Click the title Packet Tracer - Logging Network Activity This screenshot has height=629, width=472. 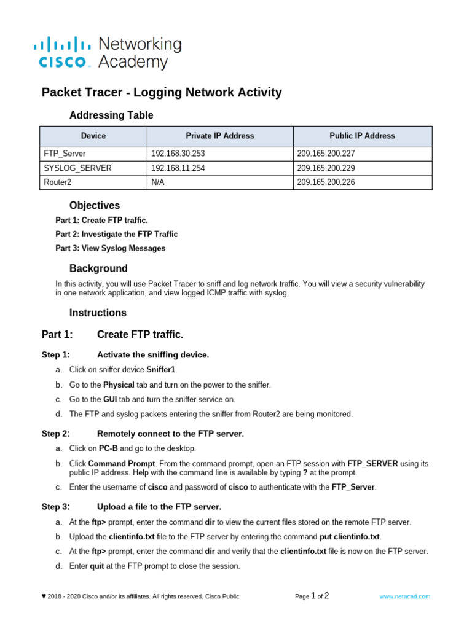click(162, 93)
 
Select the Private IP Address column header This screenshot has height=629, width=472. click(219, 136)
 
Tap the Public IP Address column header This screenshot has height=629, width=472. click(362, 136)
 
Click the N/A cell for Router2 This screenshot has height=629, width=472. click(159, 182)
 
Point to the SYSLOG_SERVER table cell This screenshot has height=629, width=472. click(77, 168)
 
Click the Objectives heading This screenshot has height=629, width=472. click(94, 206)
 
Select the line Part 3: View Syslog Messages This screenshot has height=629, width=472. click(110, 248)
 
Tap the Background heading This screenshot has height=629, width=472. click(98, 268)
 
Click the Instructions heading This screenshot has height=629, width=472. click(98, 313)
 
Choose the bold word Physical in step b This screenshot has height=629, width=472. click(118, 385)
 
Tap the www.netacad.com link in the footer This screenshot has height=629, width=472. click(404, 596)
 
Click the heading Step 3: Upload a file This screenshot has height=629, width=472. click(159, 507)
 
